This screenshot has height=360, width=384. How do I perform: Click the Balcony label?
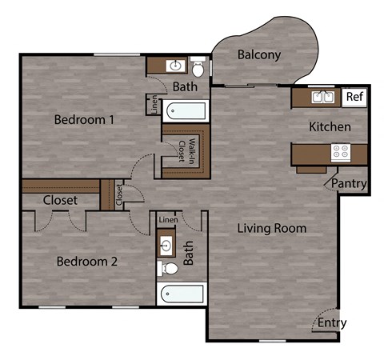[259, 55]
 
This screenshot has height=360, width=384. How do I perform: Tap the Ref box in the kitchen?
[354, 98]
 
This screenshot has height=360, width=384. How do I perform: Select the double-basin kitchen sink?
[323, 98]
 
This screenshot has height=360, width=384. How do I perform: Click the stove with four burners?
[340, 151]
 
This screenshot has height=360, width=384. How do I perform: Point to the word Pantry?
[350, 184]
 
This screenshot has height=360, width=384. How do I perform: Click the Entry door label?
[332, 323]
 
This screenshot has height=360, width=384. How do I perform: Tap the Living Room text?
[272, 228]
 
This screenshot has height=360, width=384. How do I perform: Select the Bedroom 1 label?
[85, 120]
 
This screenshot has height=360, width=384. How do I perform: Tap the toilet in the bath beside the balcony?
[198, 67]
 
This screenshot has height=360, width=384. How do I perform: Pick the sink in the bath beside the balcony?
[174, 66]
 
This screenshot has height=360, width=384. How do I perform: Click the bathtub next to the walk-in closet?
[185, 110]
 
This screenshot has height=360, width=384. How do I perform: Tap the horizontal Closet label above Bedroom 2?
[60, 200]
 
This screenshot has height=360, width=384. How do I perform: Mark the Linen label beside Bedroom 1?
[153, 105]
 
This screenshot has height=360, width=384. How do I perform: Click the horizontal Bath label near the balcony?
[185, 86]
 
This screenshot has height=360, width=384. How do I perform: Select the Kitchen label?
[330, 126]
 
